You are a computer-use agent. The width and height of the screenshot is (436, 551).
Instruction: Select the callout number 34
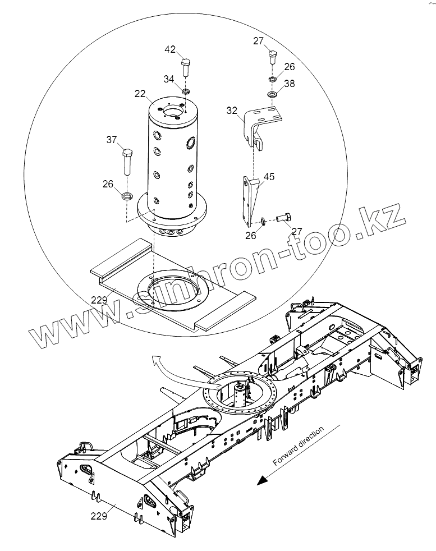(x=169, y=80)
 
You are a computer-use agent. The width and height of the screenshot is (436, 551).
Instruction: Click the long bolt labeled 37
(x=127, y=163)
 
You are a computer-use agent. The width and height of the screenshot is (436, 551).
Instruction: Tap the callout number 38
(x=289, y=83)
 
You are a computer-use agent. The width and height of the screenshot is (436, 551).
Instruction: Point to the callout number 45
(x=269, y=177)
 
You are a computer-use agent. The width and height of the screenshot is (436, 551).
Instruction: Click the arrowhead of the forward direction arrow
(x=259, y=480)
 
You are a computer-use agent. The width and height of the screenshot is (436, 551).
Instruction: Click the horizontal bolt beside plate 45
(x=283, y=217)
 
